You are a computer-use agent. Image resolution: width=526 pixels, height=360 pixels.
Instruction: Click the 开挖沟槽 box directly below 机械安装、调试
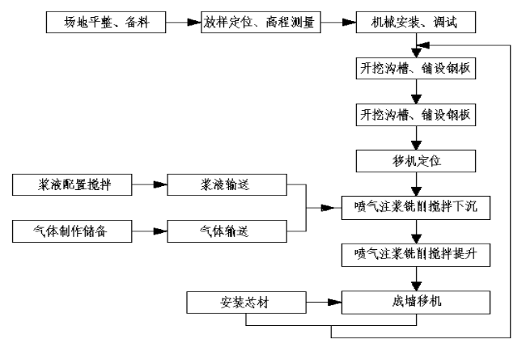pos(414,68)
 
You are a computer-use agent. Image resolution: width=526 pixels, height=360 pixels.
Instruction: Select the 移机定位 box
pos(414,161)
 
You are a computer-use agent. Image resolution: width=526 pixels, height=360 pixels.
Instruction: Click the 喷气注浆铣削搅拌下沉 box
pos(414,207)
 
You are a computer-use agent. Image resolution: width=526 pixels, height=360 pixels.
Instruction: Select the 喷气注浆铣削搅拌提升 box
pos(414,255)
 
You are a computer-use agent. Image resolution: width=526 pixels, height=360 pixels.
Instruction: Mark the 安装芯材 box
pos(246,303)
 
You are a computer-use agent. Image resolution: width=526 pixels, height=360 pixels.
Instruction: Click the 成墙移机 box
pos(414,303)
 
